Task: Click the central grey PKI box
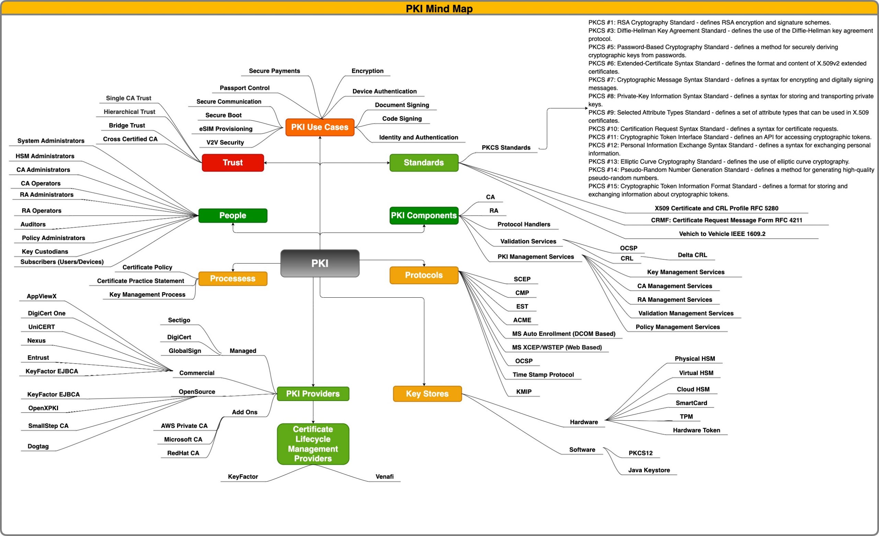tap(320, 263)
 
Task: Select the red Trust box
tap(232, 163)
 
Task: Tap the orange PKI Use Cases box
tap(320, 127)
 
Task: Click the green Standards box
tap(423, 163)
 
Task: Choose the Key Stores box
tap(427, 394)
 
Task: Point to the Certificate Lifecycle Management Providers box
tap(313, 444)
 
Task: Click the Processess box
tap(232, 279)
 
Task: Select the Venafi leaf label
tap(384, 477)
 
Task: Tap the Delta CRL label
tap(692, 255)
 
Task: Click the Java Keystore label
tap(649, 471)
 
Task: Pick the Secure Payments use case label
tap(274, 71)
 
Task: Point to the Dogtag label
tap(38, 446)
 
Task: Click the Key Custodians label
tap(45, 252)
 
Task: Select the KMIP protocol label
tap(524, 392)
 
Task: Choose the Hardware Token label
tap(696, 430)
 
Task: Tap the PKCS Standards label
tap(506, 147)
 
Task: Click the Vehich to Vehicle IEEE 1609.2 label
tap(722, 234)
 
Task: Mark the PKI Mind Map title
tap(439, 9)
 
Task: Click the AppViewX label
tap(42, 297)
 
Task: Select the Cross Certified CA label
tap(130, 139)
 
